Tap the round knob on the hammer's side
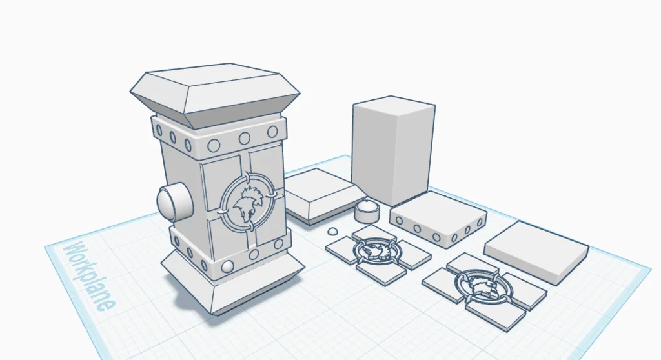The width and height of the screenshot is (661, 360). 174,202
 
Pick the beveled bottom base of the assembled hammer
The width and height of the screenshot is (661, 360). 232,281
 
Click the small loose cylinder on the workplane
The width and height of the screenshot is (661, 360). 367,210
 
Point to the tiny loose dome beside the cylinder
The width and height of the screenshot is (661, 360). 332,231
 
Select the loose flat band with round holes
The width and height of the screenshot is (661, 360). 438,217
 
